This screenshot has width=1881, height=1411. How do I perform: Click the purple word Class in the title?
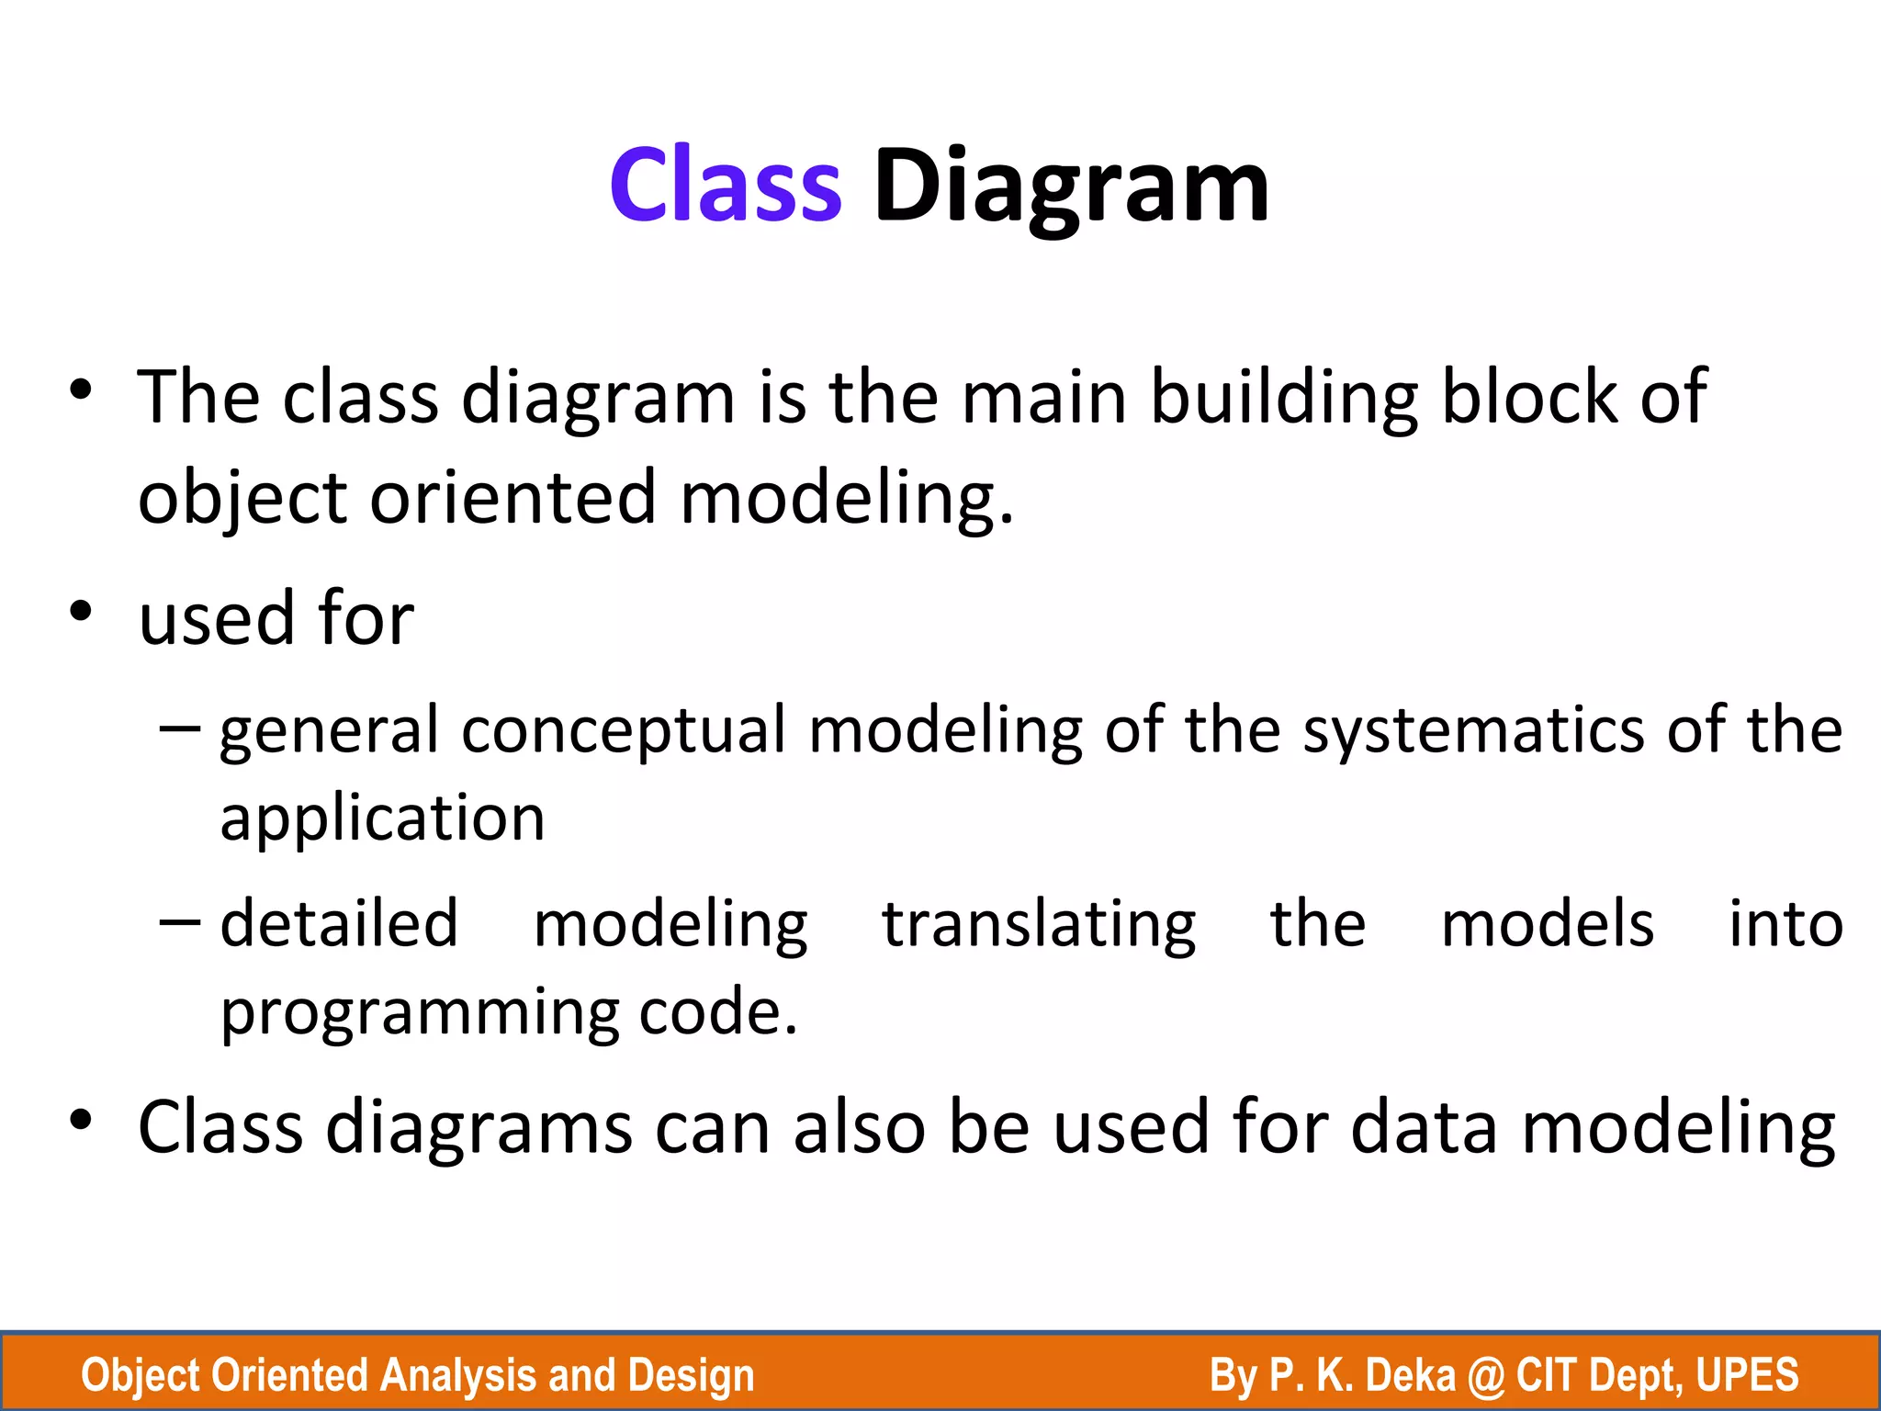click(x=726, y=186)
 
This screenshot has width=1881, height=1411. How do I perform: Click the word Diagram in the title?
click(x=1071, y=187)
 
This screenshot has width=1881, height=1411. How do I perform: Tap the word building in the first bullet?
click(x=1284, y=400)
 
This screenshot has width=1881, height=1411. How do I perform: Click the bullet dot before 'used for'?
click(x=81, y=611)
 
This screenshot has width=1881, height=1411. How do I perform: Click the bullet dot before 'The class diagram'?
click(x=81, y=389)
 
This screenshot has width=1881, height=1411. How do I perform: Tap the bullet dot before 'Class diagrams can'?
click(x=81, y=1120)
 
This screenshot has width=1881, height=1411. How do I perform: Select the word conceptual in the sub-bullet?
click(x=624, y=731)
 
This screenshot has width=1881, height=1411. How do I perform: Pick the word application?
click(x=382, y=819)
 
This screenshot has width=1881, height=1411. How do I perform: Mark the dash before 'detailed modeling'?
click(x=179, y=922)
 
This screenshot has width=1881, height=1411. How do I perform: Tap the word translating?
click(x=1039, y=925)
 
